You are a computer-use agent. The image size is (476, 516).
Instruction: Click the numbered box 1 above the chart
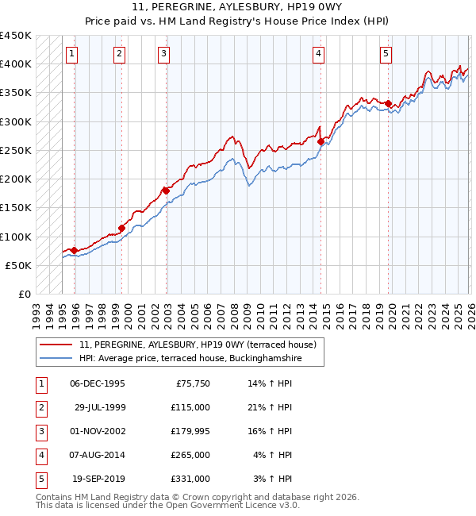tap(72, 54)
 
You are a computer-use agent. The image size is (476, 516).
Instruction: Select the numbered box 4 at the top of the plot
tap(318, 54)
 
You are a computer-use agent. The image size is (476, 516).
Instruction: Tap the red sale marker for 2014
tap(321, 142)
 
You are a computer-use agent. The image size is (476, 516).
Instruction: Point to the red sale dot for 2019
tap(388, 103)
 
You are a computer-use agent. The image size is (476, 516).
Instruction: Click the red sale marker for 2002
tap(166, 191)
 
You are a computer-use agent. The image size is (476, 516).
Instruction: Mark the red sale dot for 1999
tap(122, 228)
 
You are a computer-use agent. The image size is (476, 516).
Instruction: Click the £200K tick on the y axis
tap(16, 179)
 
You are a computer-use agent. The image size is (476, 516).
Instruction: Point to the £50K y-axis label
tap(19, 265)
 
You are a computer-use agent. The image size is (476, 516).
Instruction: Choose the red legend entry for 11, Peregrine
tap(198, 345)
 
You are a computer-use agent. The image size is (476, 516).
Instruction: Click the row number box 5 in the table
tap(39, 479)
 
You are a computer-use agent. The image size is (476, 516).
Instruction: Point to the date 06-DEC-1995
tap(97, 383)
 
